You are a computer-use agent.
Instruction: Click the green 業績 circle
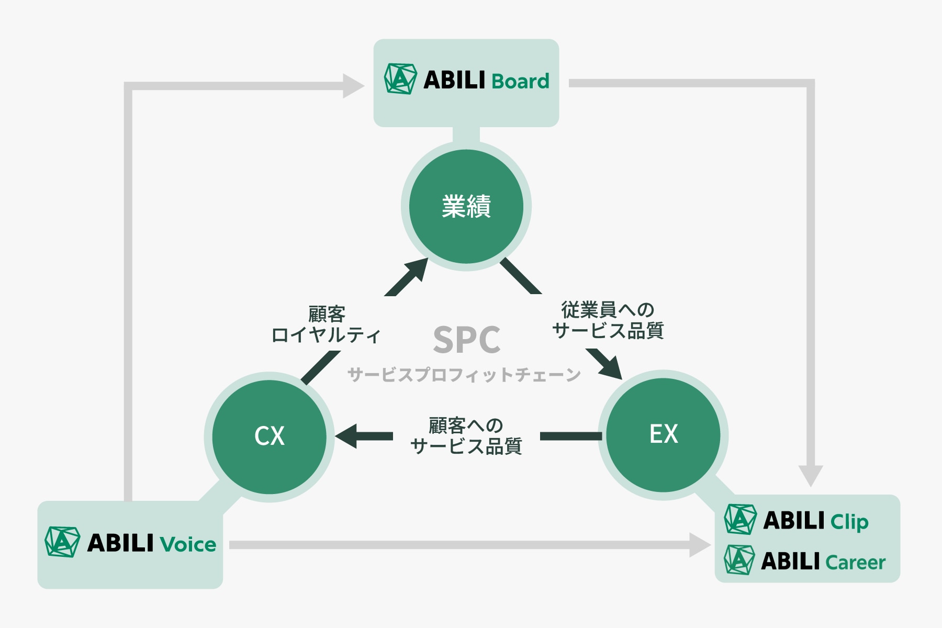click(466, 206)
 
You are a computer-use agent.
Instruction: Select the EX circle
click(664, 434)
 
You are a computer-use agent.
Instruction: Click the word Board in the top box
click(520, 82)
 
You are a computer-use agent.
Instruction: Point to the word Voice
click(188, 545)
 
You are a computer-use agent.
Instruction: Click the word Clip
click(849, 522)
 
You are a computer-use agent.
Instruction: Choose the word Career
click(855, 563)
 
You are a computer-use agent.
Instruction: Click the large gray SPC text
click(466, 340)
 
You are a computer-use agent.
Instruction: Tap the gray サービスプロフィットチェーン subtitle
click(464, 375)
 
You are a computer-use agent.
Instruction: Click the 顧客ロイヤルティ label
click(326, 325)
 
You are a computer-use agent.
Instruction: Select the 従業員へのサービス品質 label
click(608, 320)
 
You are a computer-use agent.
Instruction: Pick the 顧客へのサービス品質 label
click(466, 436)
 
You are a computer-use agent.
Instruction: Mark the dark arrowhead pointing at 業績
click(417, 269)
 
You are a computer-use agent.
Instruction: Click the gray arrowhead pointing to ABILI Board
click(353, 85)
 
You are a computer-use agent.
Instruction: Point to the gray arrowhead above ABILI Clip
click(811, 475)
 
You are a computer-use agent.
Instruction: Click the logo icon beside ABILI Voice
click(62, 542)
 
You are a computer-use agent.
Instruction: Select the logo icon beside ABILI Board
click(400, 79)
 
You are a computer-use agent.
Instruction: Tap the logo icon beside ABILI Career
click(739, 560)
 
